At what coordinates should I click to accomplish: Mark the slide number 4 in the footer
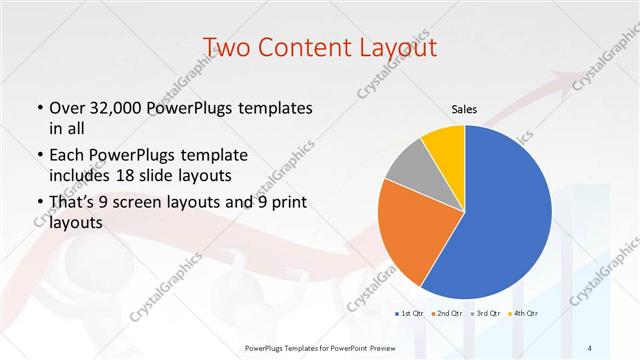pyautogui.click(x=591, y=346)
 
